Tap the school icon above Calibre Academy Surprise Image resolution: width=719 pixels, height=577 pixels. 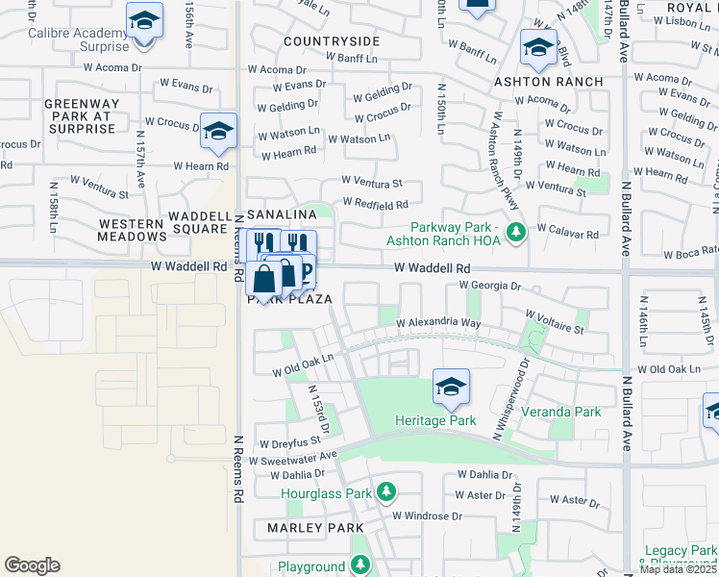tap(144, 20)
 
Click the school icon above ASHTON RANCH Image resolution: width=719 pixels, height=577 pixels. tap(538, 49)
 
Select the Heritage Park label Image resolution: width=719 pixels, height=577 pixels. tap(435, 420)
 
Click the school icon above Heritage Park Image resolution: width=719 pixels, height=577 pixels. tap(450, 388)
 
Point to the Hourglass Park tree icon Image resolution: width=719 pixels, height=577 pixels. tap(386, 493)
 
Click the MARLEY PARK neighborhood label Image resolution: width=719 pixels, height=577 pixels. tap(309, 528)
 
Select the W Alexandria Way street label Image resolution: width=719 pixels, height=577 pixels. tap(437, 323)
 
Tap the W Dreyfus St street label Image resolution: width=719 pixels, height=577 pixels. tap(288, 445)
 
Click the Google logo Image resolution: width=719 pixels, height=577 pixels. tap(32, 565)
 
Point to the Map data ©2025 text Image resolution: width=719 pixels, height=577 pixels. tap(679, 569)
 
